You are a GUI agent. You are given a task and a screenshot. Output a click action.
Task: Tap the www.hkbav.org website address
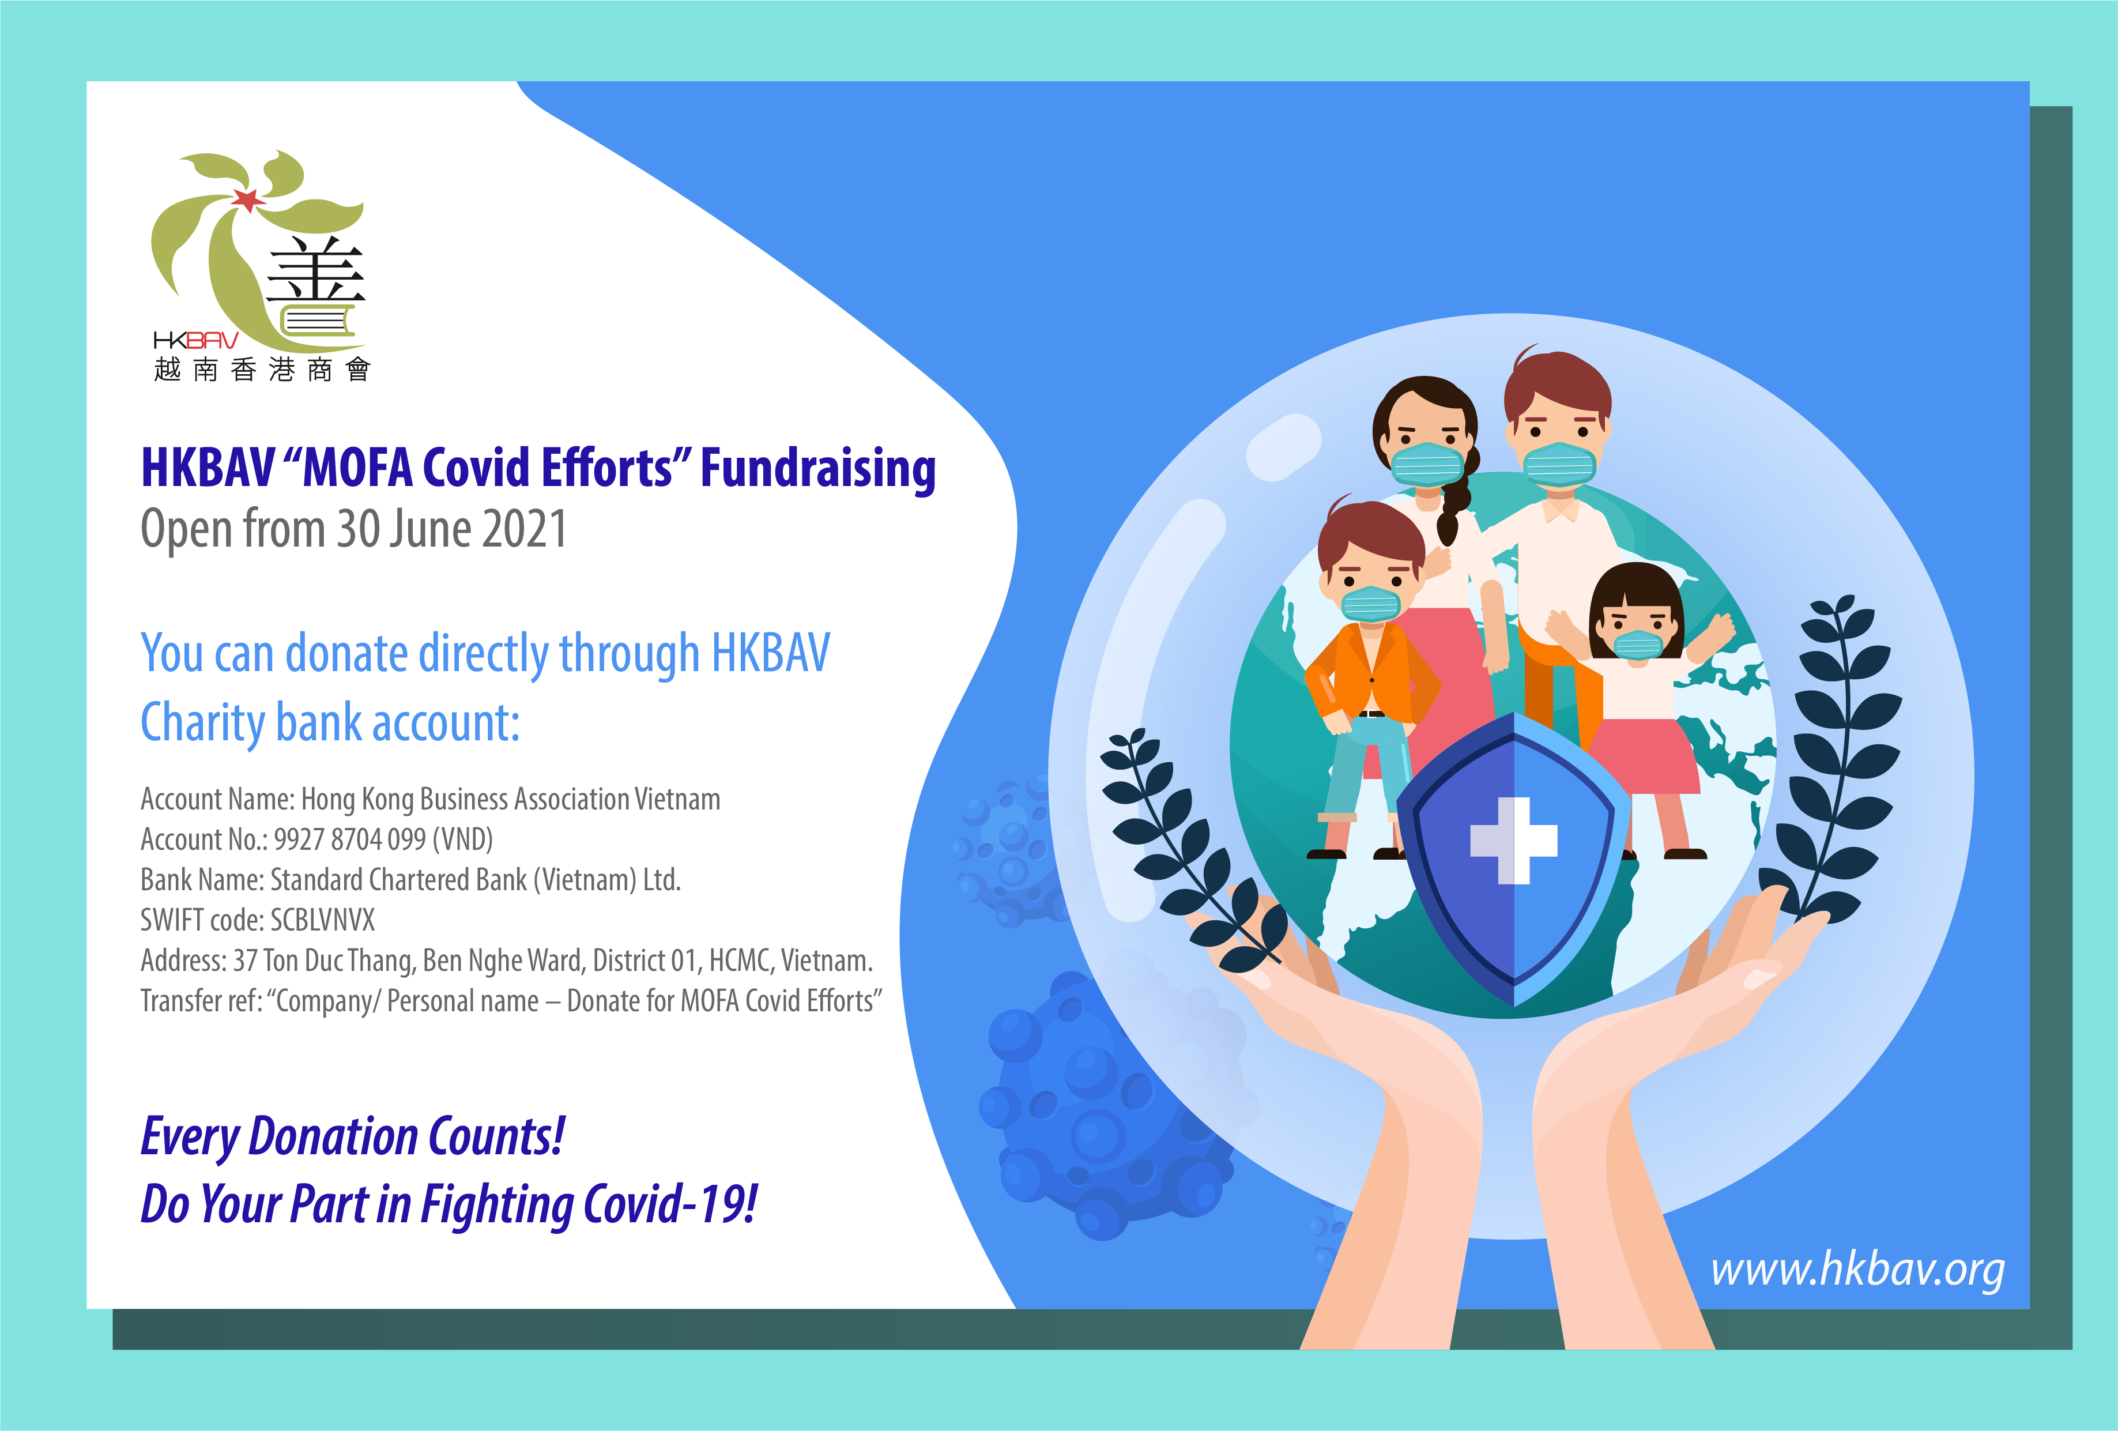[x=1857, y=1270]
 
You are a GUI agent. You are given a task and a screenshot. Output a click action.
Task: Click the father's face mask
[x=1559, y=465]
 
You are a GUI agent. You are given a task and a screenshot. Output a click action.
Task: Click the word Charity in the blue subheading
[x=202, y=724]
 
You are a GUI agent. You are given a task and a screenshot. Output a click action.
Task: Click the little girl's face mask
[x=1638, y=645]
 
